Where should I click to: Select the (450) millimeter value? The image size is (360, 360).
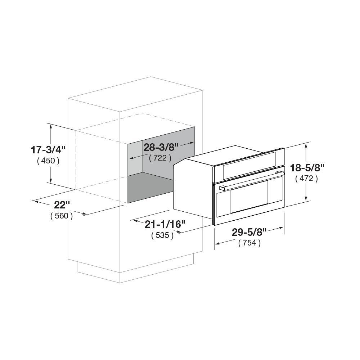pyautogui.click(x=48, y=161)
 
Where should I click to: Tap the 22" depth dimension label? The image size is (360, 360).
pyautogui.click(x=62, y=205)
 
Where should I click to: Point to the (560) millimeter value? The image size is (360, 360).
pyautogui.click(x=62, y=216)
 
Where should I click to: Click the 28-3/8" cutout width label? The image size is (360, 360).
pyautogui.click(x=161, y=147)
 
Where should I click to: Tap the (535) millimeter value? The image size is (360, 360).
pyautogui.click(x=162, y=236)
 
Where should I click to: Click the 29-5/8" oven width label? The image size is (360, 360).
pyautogui.click(x=249, y=232)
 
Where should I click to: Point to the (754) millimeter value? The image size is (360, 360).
pyautogui.click(x=249, y=243)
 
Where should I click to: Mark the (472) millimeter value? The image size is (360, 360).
pyautogui.click(x=306, y=178)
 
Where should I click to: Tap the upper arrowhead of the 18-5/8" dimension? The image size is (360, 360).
pyautogui.click(x=306, y=145)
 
